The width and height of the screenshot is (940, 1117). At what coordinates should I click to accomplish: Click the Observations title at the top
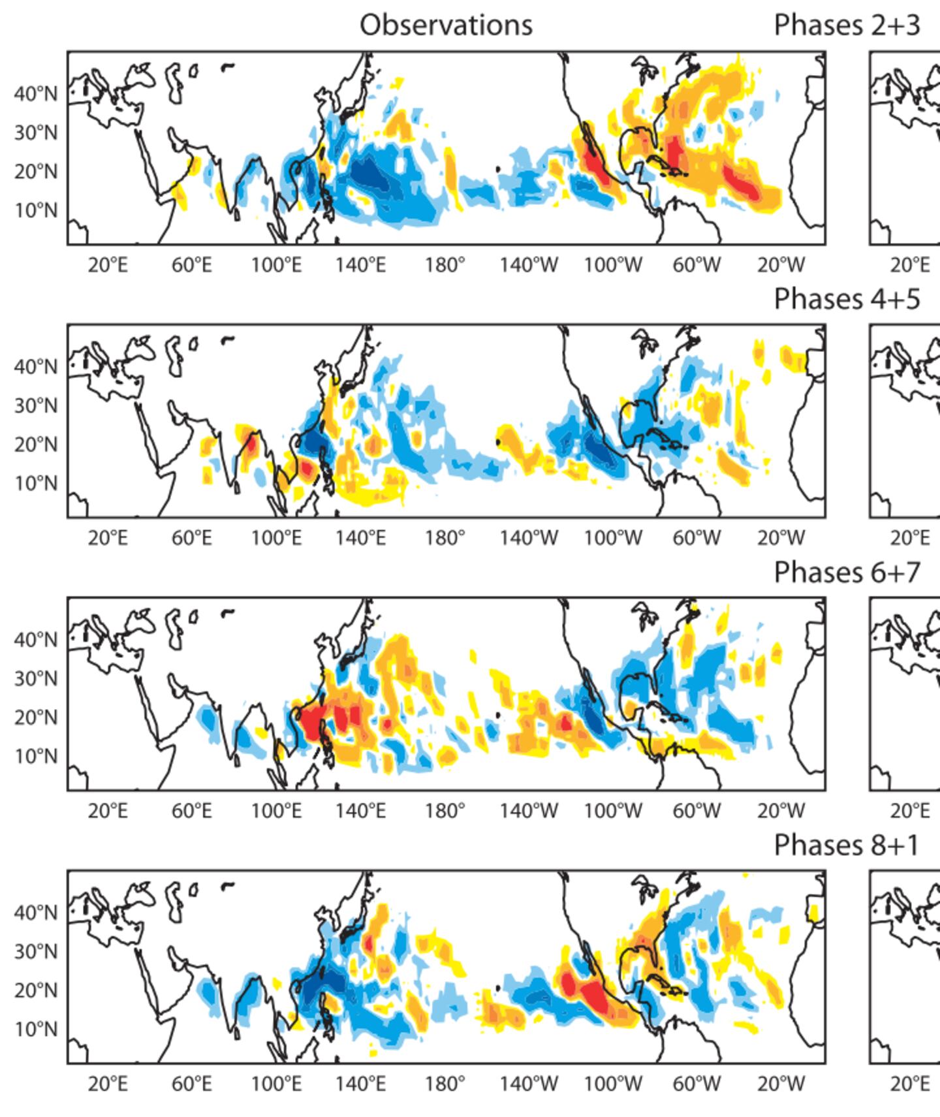point(446,25)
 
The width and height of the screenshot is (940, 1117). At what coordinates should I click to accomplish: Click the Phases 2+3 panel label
point(847,25)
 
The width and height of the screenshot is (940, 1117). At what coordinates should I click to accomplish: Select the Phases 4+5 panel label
point(847,299)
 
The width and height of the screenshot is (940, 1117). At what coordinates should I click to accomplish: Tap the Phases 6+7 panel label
point(847,573)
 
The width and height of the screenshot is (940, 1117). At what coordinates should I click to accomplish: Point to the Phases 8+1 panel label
point(847,845)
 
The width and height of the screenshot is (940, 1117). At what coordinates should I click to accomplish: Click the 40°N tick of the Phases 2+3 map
point(35,94)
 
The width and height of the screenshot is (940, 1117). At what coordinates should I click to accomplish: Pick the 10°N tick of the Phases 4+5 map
point(35,484)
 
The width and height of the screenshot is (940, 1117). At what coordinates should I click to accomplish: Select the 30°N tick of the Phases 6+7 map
point(35,679)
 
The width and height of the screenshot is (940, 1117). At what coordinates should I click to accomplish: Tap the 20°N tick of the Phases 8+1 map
point(35,990)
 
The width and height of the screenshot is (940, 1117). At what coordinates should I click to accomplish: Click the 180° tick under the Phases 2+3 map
point(445,266)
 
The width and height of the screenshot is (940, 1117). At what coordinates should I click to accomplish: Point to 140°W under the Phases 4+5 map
point(529,539)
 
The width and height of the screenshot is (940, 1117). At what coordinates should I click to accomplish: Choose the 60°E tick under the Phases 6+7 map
point(192,811)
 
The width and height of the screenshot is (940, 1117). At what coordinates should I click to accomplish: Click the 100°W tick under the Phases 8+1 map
point(613,1084)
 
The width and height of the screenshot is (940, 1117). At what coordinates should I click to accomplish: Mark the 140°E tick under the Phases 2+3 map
point(360,266)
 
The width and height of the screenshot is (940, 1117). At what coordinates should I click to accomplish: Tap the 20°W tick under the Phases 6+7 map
point(781,811)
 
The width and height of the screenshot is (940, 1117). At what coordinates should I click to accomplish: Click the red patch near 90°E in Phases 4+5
point(250,445)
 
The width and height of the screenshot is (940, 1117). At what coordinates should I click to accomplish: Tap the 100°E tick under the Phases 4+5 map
point(276,539)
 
